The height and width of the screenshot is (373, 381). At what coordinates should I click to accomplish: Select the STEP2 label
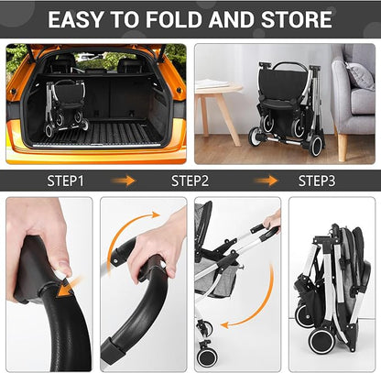tap(190, 181)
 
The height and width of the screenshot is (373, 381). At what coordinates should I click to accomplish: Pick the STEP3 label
tap(316, 181)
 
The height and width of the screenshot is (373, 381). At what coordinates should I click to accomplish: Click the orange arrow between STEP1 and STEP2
tap(125, 181)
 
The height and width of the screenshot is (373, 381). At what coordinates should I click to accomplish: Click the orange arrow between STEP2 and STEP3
tap(266, 181)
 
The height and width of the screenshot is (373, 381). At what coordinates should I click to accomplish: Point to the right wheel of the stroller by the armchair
tap(315, 143)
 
